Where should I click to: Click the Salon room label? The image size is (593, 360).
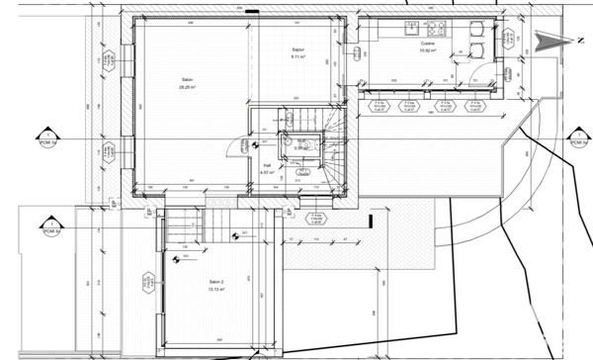186,79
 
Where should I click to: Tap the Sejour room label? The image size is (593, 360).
297,48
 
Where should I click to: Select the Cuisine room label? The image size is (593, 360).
427,45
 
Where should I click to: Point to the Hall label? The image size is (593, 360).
266,164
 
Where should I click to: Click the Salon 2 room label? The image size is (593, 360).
216,282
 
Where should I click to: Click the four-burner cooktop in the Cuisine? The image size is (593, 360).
437,27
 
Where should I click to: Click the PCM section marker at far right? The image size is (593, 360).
577,137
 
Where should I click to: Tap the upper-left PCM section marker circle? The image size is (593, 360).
45,137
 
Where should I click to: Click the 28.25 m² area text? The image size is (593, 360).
186,87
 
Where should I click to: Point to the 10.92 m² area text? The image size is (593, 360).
427,51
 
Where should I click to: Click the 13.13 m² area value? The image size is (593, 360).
216,290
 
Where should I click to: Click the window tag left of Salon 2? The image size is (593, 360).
145,284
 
